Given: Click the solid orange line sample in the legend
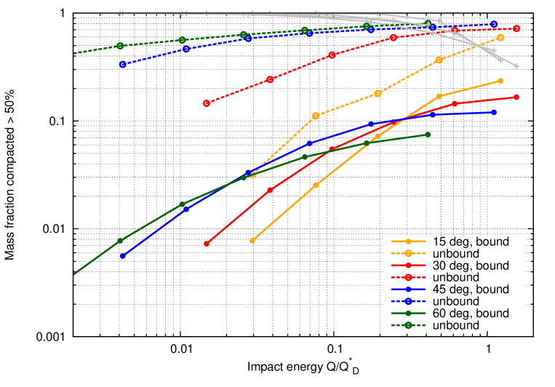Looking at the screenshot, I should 408,241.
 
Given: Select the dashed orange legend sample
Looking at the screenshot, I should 408,253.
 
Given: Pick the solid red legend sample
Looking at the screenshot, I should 408,266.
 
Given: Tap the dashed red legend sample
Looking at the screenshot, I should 408,277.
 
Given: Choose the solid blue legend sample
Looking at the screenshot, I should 408,290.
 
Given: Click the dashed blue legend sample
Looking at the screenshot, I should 408,301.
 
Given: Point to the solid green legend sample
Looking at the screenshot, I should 408,314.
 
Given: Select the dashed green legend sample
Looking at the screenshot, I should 408,325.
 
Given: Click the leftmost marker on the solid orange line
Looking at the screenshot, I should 252,240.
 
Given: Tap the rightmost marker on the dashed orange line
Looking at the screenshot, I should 500,37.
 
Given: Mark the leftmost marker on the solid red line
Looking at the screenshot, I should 207,244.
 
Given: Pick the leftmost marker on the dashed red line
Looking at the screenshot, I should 207,103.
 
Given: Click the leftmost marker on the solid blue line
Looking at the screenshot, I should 123,255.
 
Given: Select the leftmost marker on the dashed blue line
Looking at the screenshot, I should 123,64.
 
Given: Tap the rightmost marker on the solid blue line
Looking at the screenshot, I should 494,112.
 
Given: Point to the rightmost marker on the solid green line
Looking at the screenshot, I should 428,135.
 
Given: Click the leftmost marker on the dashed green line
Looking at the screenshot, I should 120,46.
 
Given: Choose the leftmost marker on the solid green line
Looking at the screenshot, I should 120,241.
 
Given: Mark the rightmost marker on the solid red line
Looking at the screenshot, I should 516,97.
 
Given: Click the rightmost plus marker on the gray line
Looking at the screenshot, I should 516,66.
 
